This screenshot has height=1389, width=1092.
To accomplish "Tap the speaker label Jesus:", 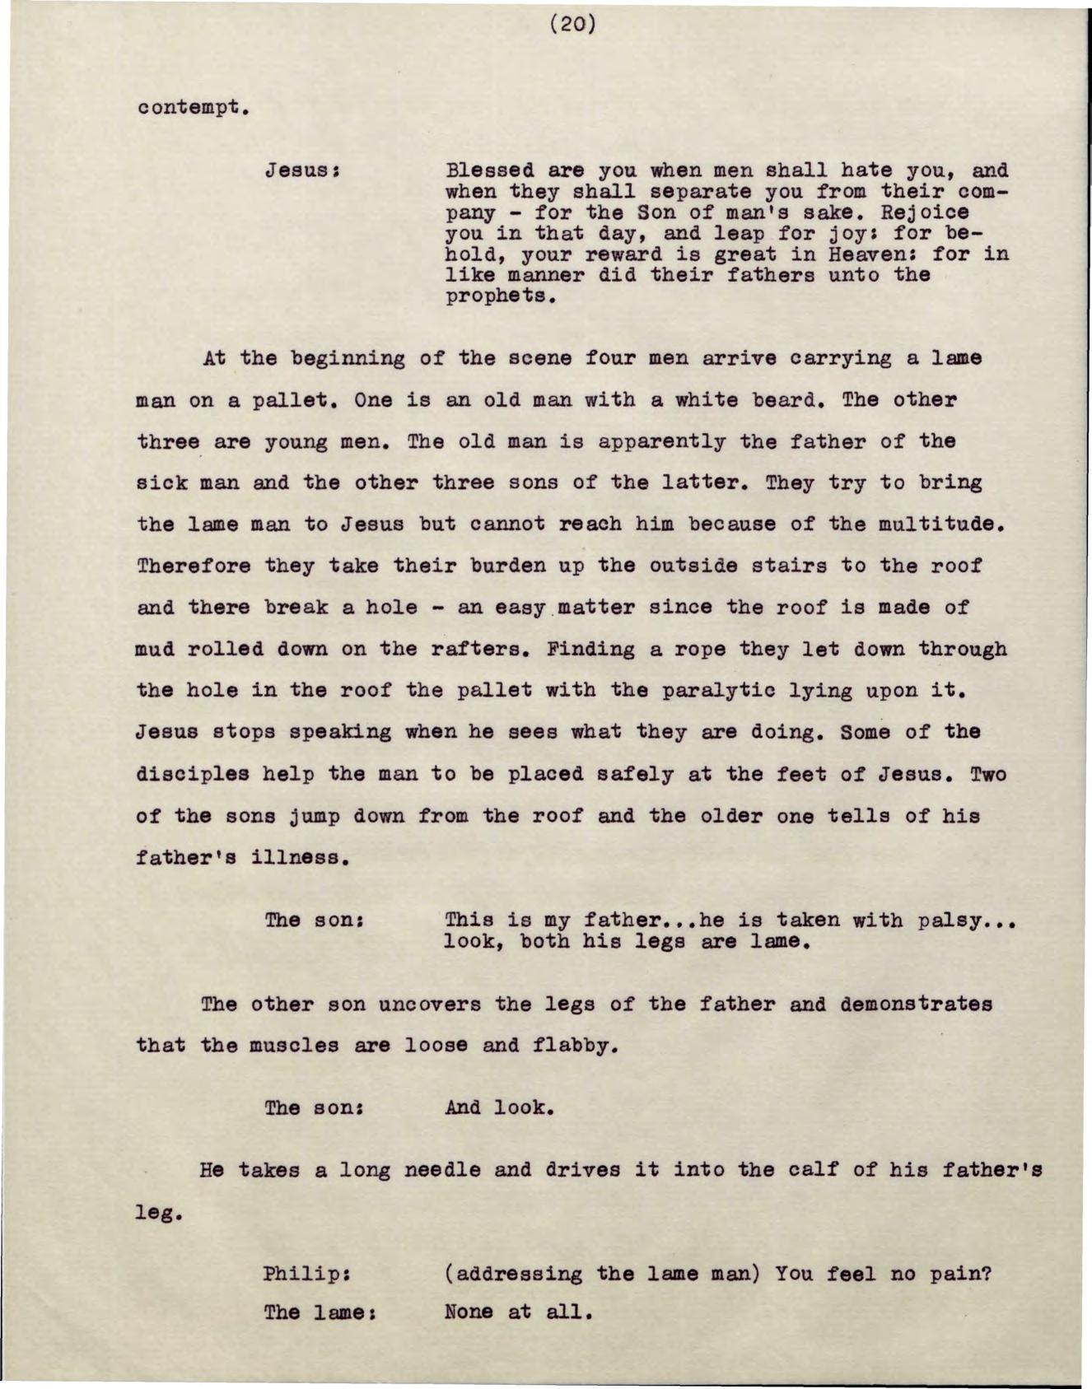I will tap(302, 172).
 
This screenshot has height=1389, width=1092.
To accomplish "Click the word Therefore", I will tap(192, 566).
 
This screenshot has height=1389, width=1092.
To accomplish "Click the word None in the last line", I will tap(469, 1312).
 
